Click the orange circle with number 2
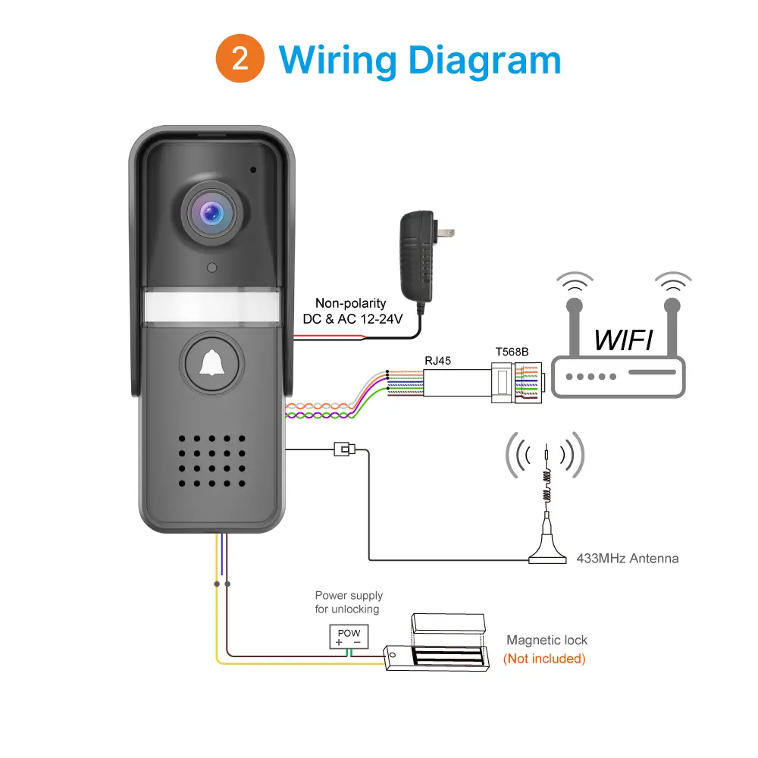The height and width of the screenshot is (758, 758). pyautogui.click(x=240, y=59)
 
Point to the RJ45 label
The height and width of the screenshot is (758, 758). pyautogui.click(x=437, y=361)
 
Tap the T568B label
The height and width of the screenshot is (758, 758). pyautogui.click(x=512, y=352)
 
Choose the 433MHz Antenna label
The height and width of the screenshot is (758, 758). pyautogui.click(x=628, y=559)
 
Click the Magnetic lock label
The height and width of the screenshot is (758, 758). pyautogui.click(x=547, y=641)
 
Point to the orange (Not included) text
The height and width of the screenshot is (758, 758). pyautogui.click(x=544, y=659)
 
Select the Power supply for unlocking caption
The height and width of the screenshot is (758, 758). pyautogui.click(x=349, y=602)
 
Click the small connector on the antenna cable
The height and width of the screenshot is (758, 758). pyautogui.click(x=344, y=449)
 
